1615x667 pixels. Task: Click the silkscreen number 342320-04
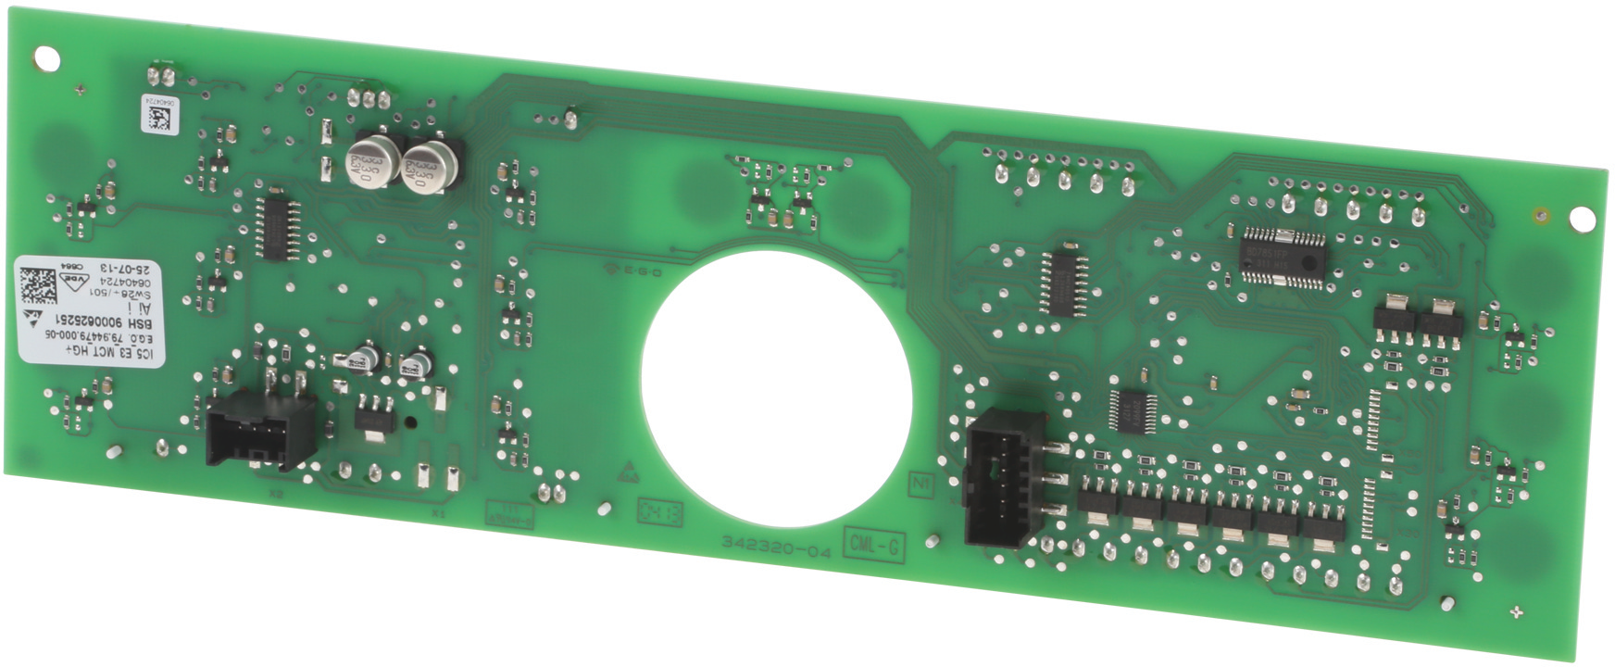777,547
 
